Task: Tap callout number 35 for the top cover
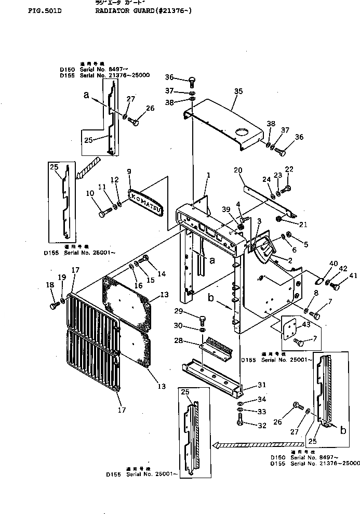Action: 238,91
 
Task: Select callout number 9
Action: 129,171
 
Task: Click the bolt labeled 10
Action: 104,213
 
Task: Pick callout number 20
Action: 238,170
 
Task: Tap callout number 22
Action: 289,169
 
